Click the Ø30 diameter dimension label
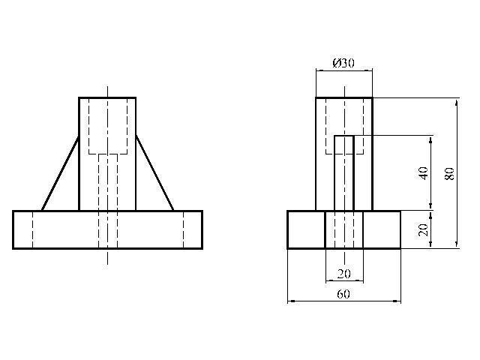point(343,64)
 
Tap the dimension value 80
point(448,172)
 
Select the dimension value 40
point(423,172)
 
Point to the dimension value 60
point(343,294)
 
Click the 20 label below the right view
point(343,274)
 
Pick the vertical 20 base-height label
point(423,229)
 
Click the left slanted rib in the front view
point(61,173)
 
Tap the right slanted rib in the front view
point(154,173)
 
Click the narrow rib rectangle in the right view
point(344,172)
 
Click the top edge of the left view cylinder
point(107,97)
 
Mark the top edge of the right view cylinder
point(343,97)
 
